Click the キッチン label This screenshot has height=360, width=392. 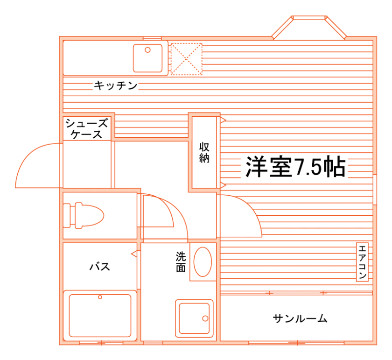[115, 85]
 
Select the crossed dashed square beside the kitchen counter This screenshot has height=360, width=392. [186, 59]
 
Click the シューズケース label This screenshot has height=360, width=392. [87, 128]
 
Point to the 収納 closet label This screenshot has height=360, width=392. [204, 152]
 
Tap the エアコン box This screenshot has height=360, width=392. [363, 262]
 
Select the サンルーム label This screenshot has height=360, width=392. [300, 319]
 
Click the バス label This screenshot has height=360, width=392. [99, 267]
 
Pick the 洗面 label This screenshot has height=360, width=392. [181, 261]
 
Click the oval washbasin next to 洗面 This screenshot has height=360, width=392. [202, 261]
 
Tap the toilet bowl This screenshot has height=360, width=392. [89, 216]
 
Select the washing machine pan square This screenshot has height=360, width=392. [194, 318]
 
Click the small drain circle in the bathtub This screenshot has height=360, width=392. [100, 297]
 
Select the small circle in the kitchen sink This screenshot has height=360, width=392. [147, 49]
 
